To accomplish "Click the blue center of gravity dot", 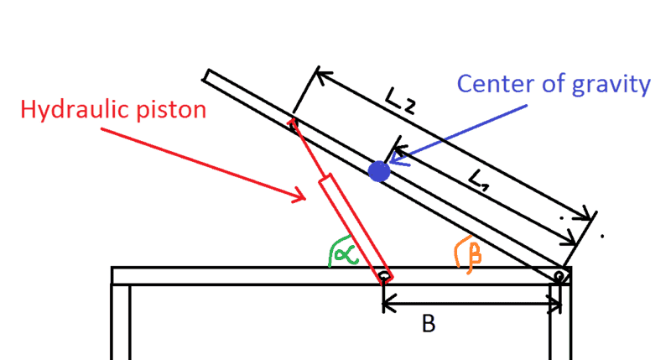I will pos(379,171).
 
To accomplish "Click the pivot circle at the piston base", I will pos(383,275).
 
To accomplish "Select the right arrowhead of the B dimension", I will pos(557,305).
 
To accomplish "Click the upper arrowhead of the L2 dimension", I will pos(319,73).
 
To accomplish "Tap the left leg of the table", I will pos(122,323).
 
